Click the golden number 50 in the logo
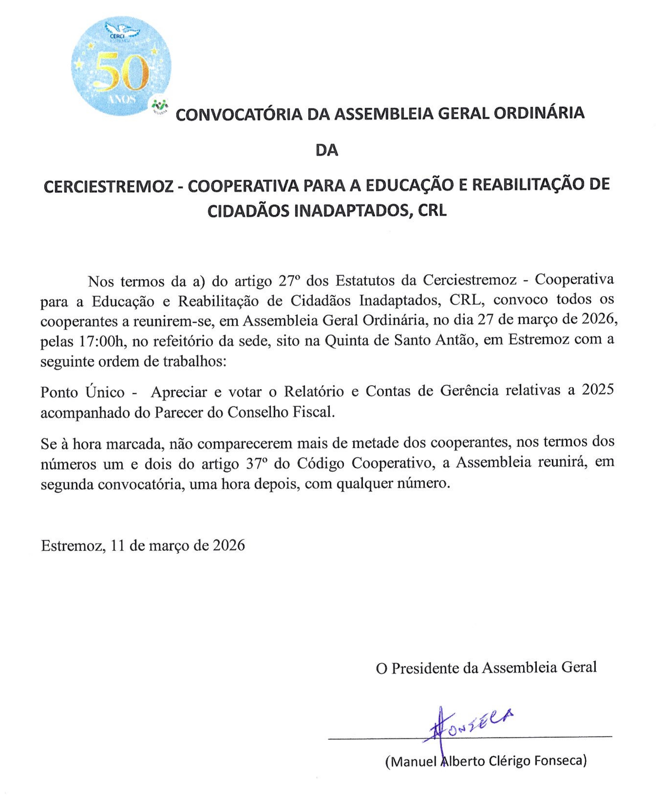point(121,72)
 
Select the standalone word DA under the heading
point(326,151)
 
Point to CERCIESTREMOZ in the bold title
point(108,186)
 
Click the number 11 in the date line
point(118,545)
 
